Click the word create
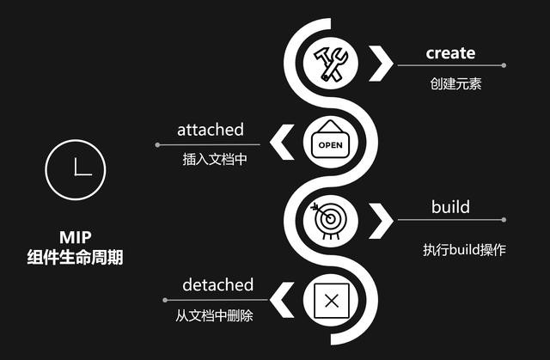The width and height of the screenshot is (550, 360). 450,53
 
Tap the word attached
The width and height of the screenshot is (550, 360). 211,130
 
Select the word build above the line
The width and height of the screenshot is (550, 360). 450,207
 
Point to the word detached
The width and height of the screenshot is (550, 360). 217,284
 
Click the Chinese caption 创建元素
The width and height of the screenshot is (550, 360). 455,84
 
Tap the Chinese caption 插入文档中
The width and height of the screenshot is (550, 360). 215,159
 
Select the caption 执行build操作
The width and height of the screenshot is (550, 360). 464,250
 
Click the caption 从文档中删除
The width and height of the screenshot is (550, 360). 214,315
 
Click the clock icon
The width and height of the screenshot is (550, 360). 76,169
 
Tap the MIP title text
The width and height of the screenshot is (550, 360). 76,237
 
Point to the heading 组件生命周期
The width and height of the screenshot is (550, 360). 75,257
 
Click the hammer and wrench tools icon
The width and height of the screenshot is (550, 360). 330,64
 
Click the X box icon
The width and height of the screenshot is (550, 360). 332,301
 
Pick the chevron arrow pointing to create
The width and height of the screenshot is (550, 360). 382,64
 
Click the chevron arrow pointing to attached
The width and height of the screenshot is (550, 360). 281,142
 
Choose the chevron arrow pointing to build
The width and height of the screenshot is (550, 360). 382,221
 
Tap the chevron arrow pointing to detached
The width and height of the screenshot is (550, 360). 281,300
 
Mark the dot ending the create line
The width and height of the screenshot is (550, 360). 504,65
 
